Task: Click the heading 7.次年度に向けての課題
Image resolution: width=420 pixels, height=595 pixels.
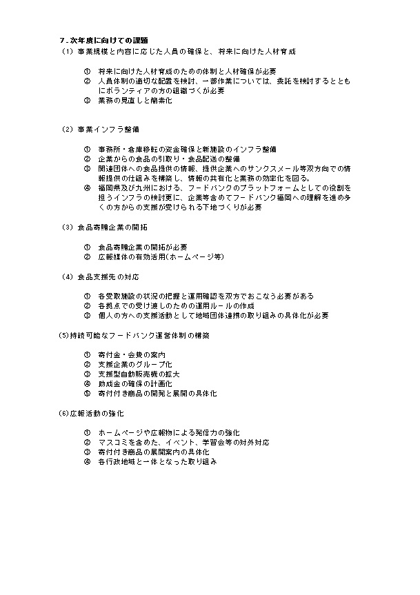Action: [x=105, y=40]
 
